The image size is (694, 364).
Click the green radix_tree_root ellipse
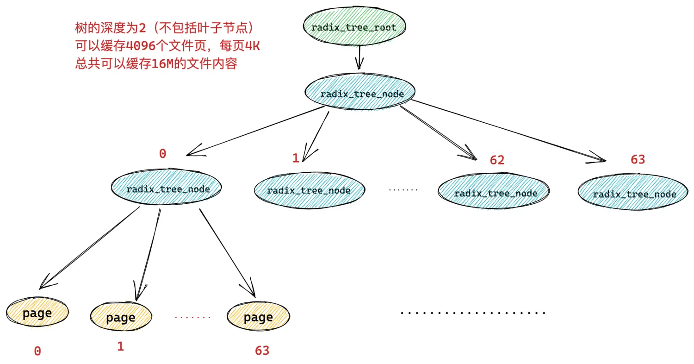click(354, 26)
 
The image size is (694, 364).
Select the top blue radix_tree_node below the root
click(360, 92)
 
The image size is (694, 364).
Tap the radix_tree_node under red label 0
click(167, 187)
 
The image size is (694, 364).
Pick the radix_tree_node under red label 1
click(309, 190)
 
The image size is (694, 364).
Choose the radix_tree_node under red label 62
click(494, 191)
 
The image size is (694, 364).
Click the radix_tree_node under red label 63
click(633, 192)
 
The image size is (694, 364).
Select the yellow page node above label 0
click(37, 312)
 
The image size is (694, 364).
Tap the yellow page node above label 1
click(121, 316)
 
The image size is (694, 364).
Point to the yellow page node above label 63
click(258, 316)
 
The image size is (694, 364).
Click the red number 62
click(497, 160)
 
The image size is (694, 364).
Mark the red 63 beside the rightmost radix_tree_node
click(638, 159)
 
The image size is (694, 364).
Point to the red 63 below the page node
click(262, 351)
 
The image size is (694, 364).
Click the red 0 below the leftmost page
click(37, 351)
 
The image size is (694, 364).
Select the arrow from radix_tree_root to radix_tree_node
click(359, 58)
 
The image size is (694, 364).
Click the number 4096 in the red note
click(141, 46)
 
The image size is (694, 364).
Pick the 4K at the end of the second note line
click(252, 46)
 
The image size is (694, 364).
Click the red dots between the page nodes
click(193, 317)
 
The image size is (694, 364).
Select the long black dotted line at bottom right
click(473, 313)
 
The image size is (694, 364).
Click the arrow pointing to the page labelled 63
click(228, 253)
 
